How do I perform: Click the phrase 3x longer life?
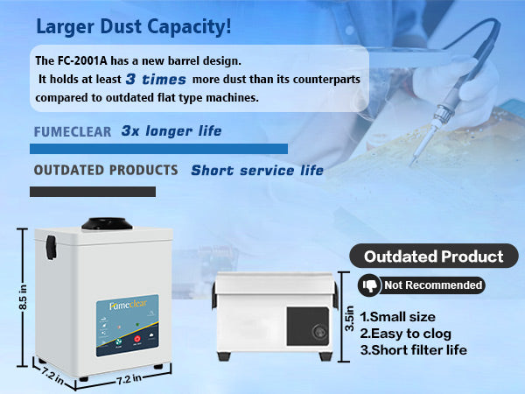pos(171,131)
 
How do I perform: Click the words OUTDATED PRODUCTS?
pos(106,170)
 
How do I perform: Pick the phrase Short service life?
pos(256,171)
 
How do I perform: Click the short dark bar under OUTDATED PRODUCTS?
pos(94,191)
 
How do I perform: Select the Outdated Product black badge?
pos(433,257)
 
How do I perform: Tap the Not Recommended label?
pos(432,285)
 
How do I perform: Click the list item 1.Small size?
pos(398,316)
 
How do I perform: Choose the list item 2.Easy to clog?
pos(406,333)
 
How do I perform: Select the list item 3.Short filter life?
pos(413,349)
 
